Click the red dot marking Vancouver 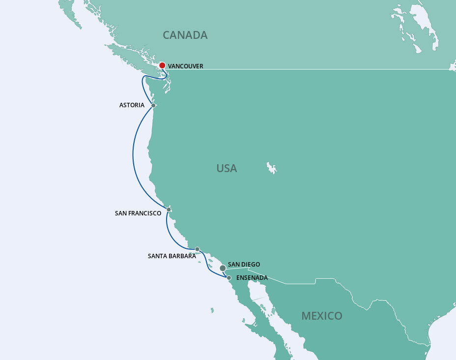(x=162, y=65)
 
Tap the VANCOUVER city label (x=185, y=66)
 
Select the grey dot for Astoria (x=153, y=105)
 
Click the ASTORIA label (x=132, y=105)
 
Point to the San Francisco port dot (x=169, y=210)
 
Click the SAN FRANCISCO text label (x=138, y=213)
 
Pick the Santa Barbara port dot (x=197, y=249)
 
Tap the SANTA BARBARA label (x=172, y=256)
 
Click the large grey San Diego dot (x=223, y=268)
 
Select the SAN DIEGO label (x=244, y=265)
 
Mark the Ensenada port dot (x=229, y=278)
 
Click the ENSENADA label (x=252, y=278)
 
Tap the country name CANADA (x=185, y=35)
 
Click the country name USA (x=227, y=168)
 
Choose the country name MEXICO (x=322, y=316)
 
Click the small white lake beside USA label (x=271, y=168)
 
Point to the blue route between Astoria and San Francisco (x=133, y=157)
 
